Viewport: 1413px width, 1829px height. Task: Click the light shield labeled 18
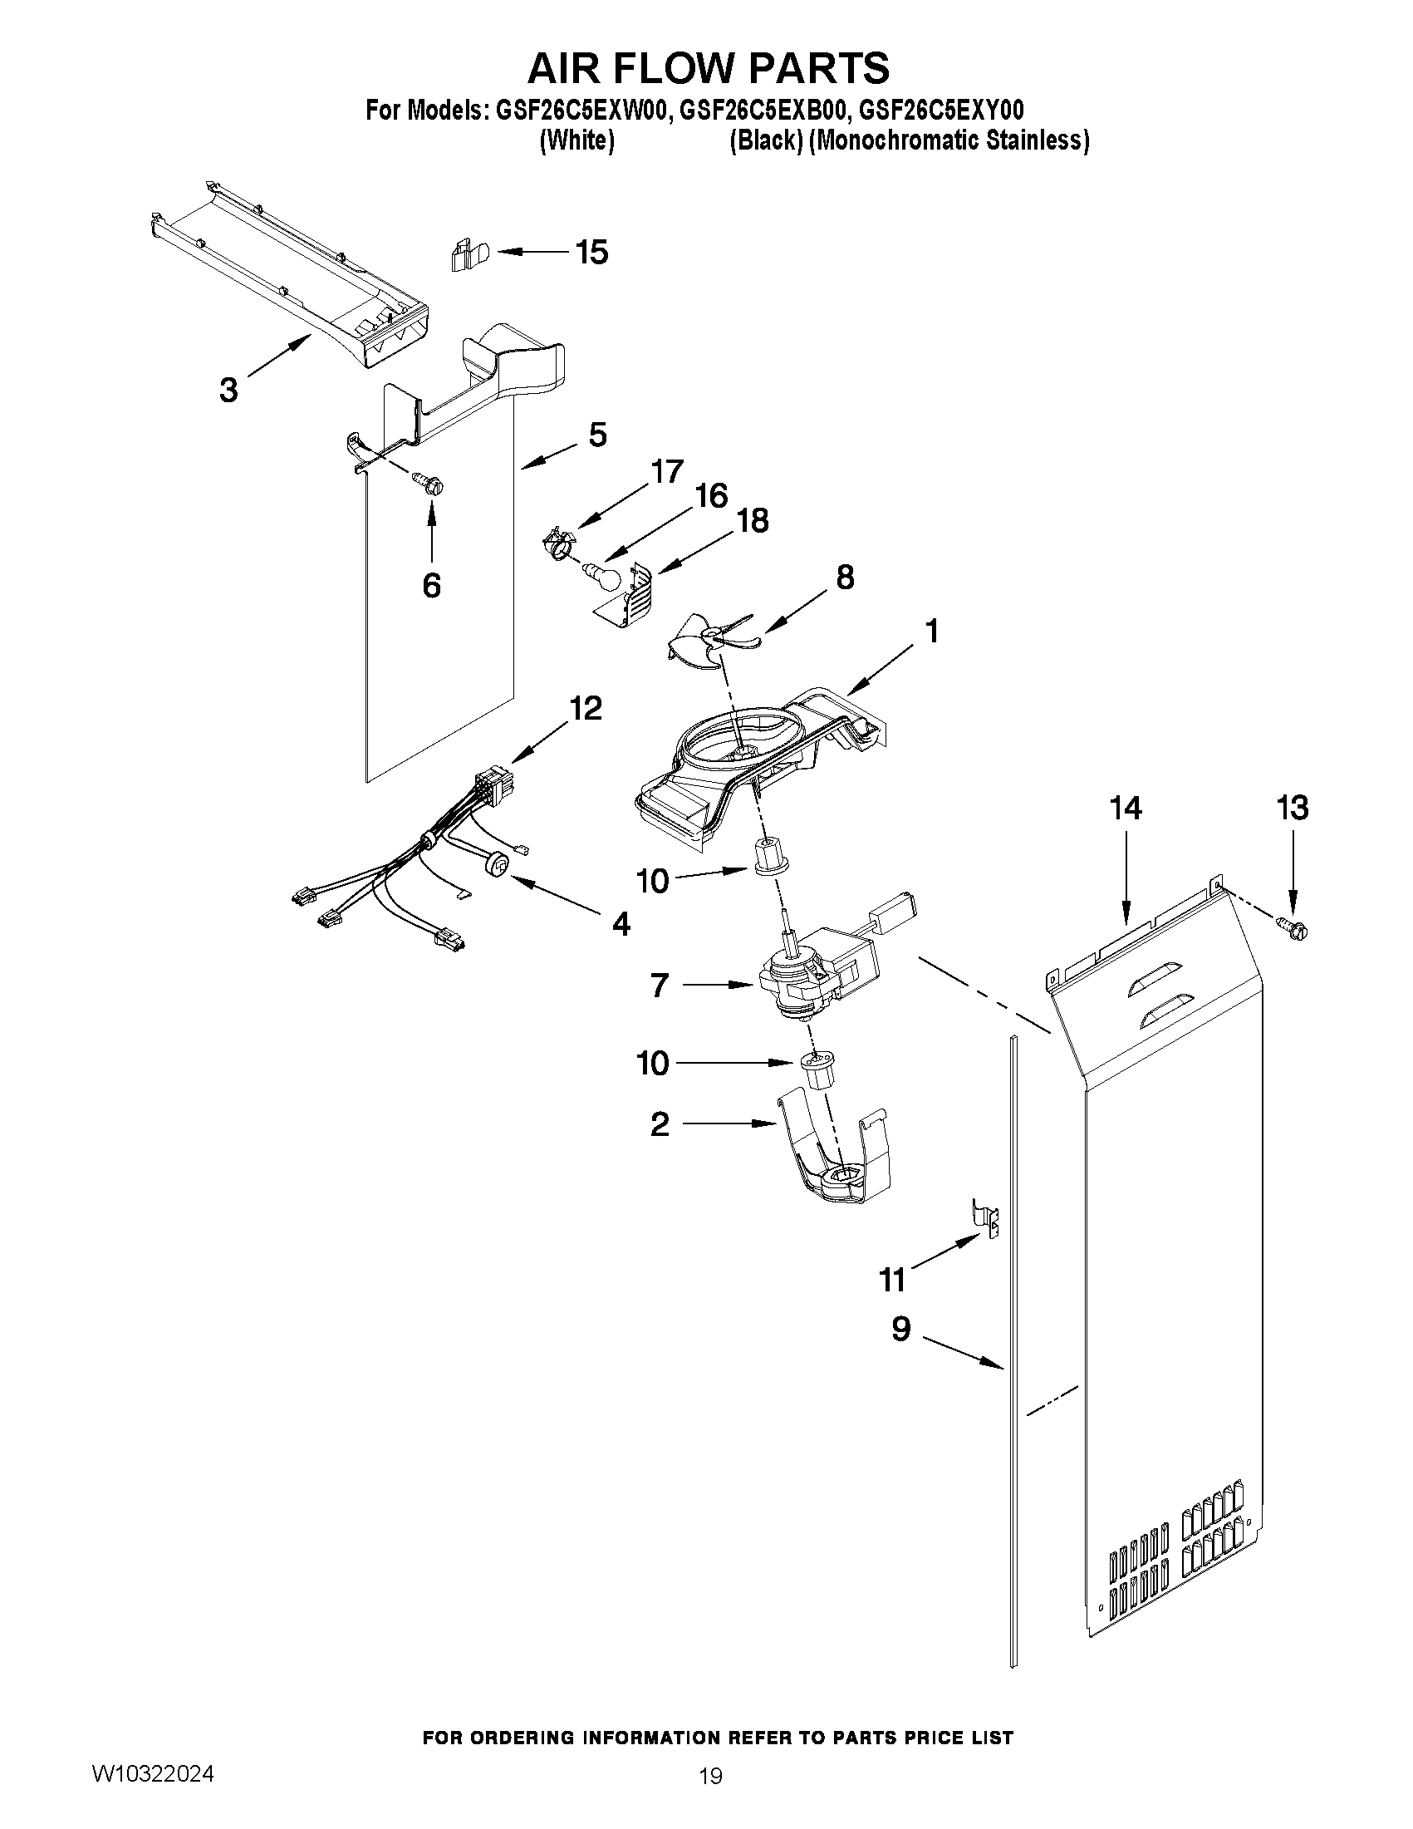[x=632, y=597]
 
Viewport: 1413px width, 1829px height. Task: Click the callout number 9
[x=900, y=1329]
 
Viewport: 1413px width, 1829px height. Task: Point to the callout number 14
[x=1125, y=808]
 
